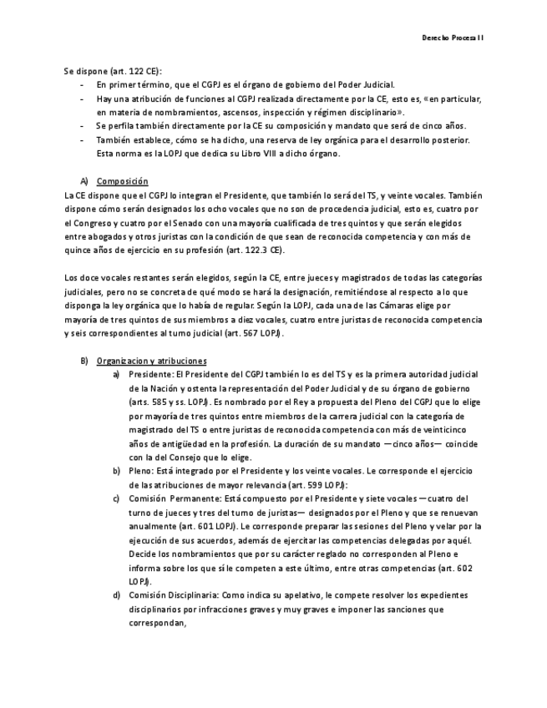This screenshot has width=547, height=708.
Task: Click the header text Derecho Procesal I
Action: pos(452,38)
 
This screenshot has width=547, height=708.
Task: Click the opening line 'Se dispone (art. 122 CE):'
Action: pos(113,71)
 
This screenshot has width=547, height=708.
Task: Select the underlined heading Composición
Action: pos(122,181)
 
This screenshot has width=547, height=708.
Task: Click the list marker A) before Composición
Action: pos(84,181)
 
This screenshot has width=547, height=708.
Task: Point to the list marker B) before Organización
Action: pos(84,361)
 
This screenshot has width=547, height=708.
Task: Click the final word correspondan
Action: pos(157,622)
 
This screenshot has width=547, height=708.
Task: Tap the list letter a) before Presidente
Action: pos(117,375)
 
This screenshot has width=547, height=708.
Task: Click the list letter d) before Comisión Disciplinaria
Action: pos(117,594)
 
